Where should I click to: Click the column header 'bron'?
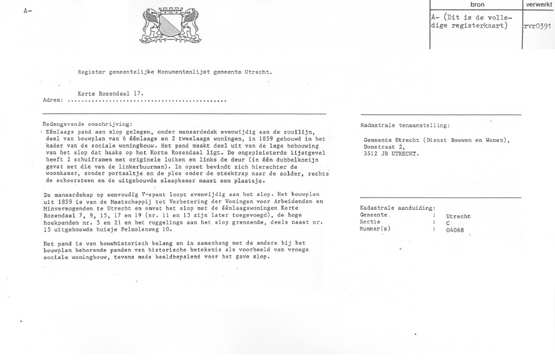tap(477, 4)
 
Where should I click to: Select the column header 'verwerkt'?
tap(538, 4)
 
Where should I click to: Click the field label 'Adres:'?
tap(53, 102)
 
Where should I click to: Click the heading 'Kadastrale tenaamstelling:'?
tap(405, 126)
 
